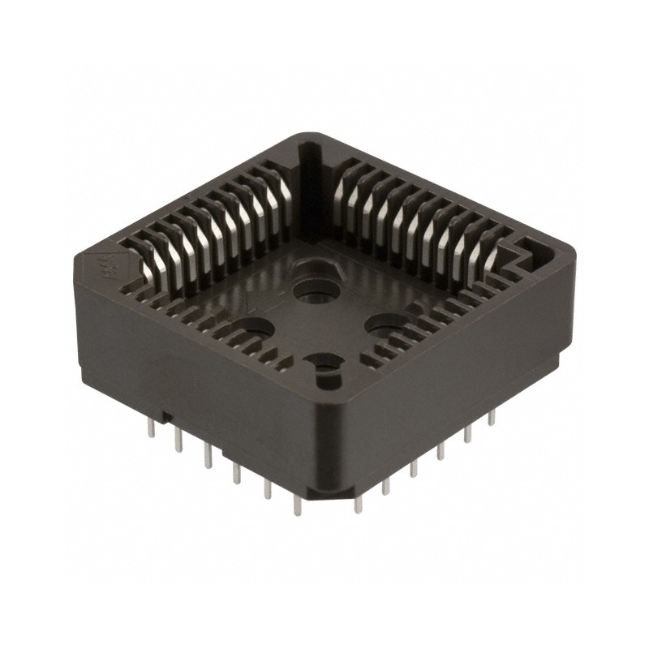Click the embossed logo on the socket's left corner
106,265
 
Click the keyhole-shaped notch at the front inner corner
324,369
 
